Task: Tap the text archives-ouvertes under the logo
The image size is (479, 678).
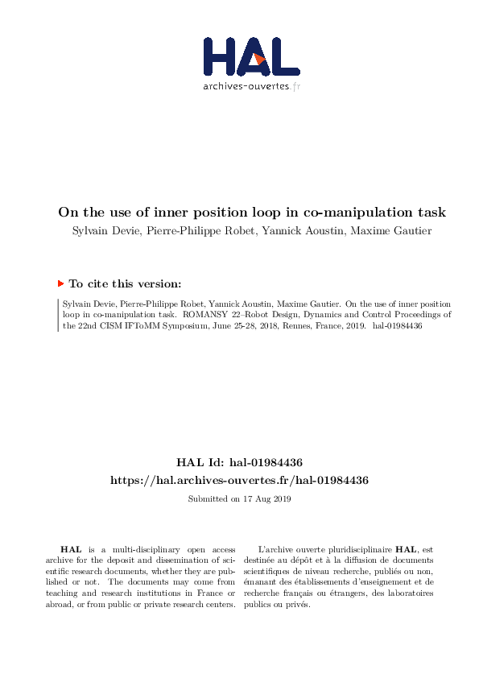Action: [246, 85]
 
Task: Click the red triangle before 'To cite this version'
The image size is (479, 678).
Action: [60, 283]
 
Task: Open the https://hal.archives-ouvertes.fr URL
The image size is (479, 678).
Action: [239, 480]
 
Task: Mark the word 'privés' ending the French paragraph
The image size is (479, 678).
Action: [296, 605]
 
